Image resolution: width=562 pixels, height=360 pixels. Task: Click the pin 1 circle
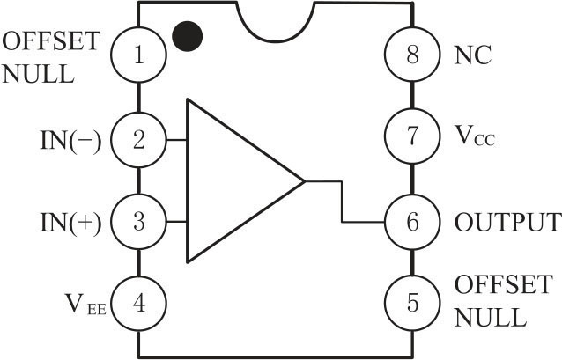[x=138, y=55]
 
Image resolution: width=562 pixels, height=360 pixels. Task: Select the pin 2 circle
[x=138, y=139]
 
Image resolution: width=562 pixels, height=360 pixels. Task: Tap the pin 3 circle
[x=138, y=222]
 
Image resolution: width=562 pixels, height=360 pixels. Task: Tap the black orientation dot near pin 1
[x=188, y=35]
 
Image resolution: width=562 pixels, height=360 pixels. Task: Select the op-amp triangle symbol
[x=233, y=180]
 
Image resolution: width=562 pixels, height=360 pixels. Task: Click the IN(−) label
[x=70, y=139]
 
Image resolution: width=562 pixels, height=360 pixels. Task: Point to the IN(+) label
[x=70, y=222]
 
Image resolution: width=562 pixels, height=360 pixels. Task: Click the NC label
[x=472, y=55]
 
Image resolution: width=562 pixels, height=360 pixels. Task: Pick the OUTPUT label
[x=507, y=222]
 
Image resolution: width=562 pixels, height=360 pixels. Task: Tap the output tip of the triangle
[x=304, y=181]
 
